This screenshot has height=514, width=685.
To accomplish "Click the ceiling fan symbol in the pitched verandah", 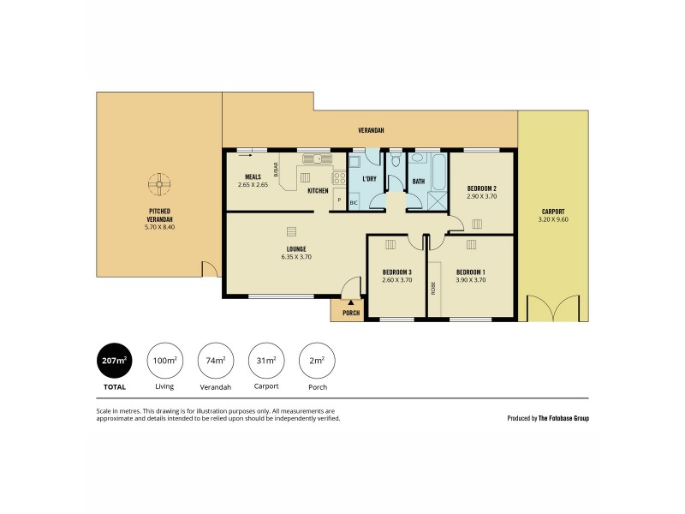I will point(158,183).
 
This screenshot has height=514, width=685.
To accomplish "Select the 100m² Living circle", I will point(164,361).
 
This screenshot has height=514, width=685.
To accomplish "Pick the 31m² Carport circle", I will point(265,361).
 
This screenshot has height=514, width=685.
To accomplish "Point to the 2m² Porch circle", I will point(315,361).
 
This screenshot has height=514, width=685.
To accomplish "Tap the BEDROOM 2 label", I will point(482,188).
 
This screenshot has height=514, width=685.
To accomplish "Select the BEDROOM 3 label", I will point(396,272).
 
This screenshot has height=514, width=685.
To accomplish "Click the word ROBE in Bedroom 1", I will point(434,289).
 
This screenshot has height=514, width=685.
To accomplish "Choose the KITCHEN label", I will point(319,190).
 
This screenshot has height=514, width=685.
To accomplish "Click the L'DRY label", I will point(370,179).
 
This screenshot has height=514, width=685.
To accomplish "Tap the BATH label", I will point(419,182).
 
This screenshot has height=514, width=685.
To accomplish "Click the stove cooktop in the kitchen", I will point(339,179).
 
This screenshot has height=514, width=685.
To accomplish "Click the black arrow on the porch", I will point(351,302).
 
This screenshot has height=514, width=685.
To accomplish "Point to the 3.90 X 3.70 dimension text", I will point(470,279).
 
